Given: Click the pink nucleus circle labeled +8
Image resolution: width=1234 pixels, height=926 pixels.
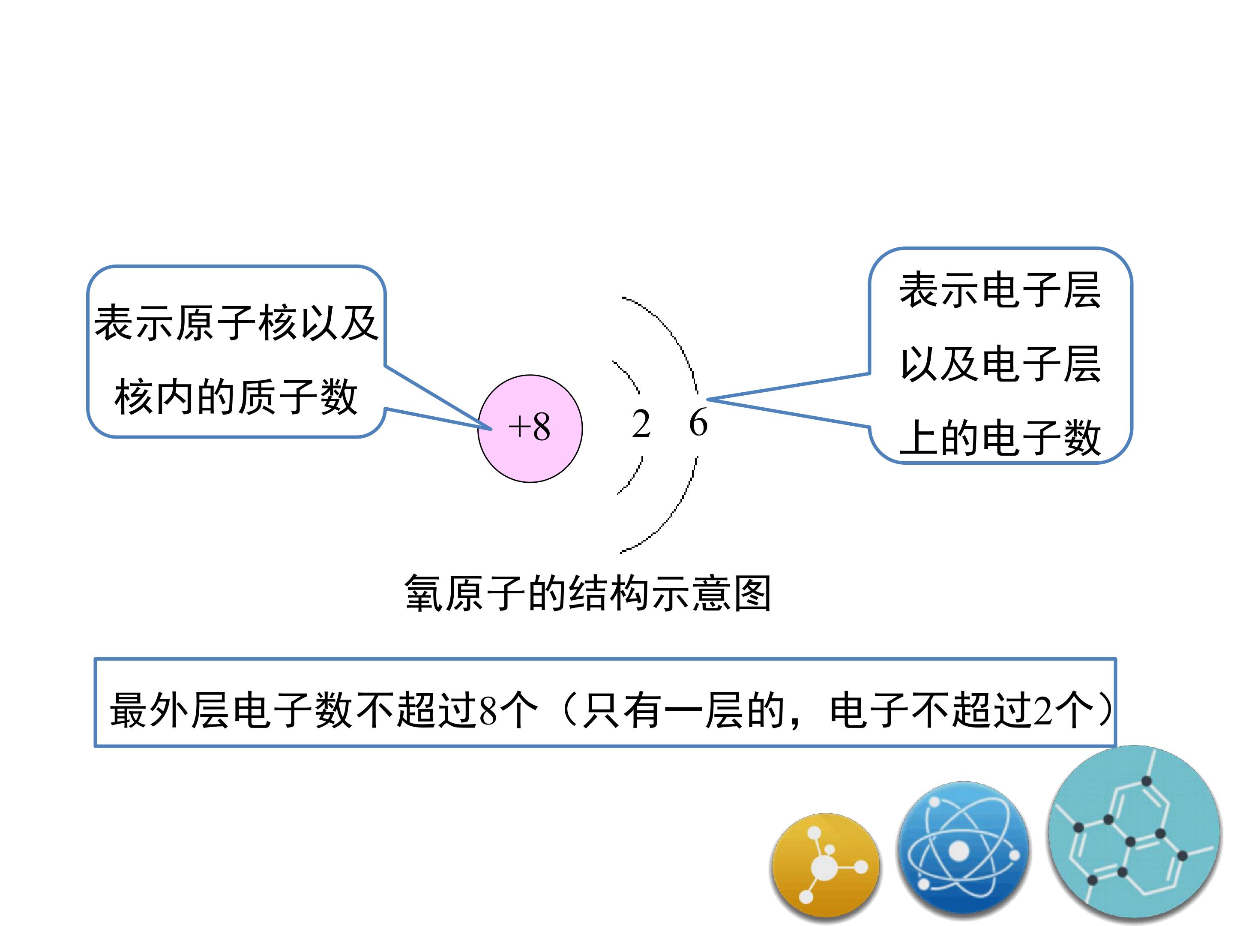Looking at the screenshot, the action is click(530, 429).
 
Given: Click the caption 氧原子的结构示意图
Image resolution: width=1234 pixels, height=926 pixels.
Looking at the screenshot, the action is click(587, 593).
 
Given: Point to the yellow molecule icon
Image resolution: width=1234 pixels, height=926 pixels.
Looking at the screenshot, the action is click(826, 866).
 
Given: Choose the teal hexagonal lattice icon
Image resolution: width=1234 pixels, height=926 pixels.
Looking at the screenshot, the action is click(1133, 832).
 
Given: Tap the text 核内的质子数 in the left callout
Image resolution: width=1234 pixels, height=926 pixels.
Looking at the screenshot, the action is click(235, 397).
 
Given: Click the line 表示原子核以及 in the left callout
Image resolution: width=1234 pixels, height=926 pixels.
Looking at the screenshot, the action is click(237, 323).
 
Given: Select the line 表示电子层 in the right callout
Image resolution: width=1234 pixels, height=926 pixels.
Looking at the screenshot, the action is click(1000, 290).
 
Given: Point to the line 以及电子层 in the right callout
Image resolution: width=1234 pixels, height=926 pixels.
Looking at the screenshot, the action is click(1000, 364).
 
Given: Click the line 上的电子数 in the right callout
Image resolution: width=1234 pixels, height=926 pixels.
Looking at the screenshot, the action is click(1000, 438).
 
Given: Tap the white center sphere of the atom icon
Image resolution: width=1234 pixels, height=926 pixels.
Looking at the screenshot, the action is click(959, 851).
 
